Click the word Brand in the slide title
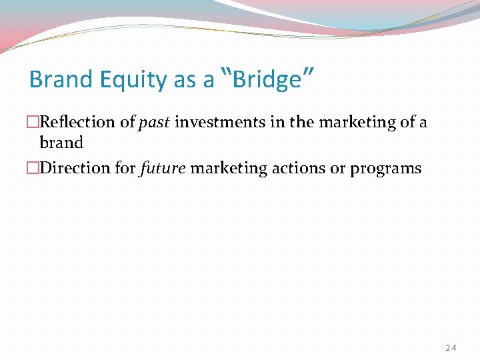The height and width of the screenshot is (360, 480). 61,80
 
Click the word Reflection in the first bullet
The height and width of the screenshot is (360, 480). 77,122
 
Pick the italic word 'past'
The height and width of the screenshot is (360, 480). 154,123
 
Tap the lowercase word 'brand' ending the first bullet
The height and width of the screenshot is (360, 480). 61,143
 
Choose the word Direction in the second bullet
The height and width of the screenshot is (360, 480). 75,168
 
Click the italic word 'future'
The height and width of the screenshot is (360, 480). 163,168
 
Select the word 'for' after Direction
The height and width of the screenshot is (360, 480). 125,168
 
